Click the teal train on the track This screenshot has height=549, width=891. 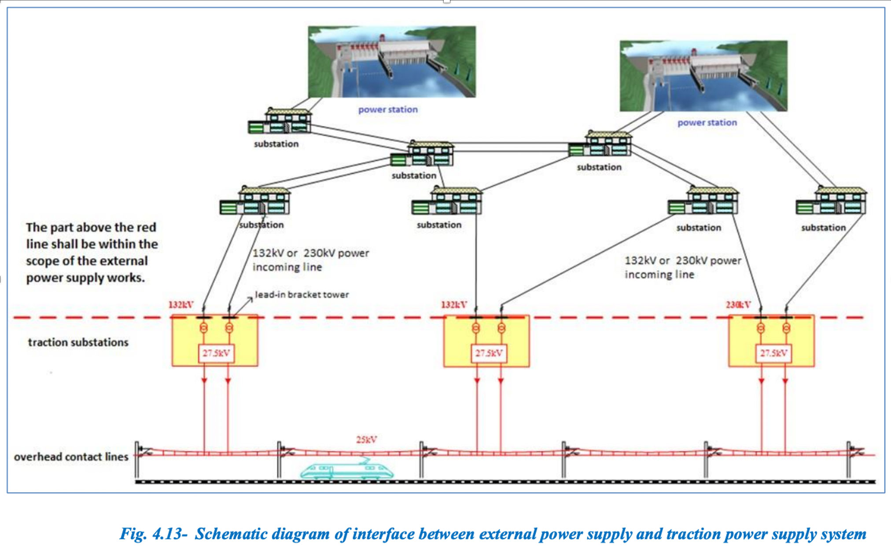pos(347,471)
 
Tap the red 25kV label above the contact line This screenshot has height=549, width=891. pos(366,439)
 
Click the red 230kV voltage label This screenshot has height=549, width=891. pos(738,304)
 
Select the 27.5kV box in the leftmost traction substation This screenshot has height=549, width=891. pos(216,353)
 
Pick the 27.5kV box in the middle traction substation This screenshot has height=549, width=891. pos(489,353)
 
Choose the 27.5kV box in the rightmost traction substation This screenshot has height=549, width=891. pos(773,353)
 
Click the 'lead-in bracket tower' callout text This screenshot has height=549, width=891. pos(302,295)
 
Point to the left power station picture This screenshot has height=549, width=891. pos(392,62)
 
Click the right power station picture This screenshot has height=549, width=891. pos(703,76)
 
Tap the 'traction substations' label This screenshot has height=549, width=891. pos(78,342)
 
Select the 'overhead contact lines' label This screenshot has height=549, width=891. pos(71,457)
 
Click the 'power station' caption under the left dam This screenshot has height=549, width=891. pos(388,110)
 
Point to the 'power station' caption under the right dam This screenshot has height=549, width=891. pos(707,123)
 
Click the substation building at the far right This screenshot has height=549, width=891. pos(831,201)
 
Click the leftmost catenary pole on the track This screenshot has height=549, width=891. pos(137,460)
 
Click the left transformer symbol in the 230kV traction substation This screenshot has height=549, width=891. pos(761,328)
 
